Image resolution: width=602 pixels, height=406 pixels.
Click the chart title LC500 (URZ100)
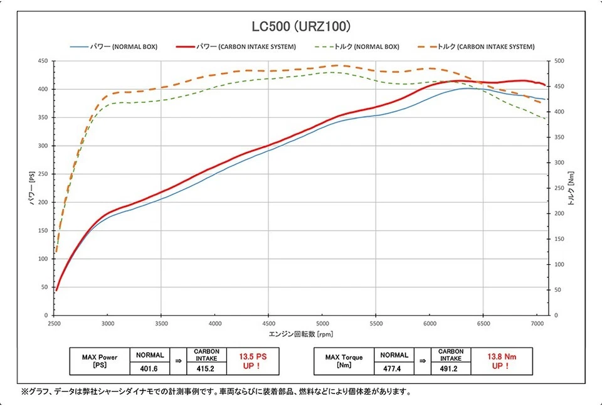[300, 27]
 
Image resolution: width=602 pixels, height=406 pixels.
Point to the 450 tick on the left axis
[43, 61]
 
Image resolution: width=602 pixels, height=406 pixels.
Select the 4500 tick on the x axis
[268, 324]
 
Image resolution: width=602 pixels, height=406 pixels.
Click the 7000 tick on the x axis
[537, 324]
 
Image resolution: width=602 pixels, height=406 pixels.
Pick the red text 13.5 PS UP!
[250, 361]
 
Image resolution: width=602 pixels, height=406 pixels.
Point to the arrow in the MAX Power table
[178, 361]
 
